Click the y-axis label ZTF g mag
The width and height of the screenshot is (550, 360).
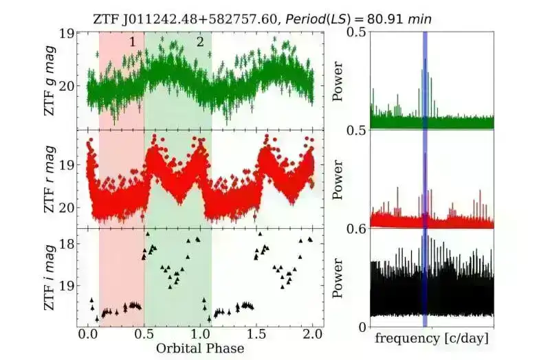(x=52, y=80)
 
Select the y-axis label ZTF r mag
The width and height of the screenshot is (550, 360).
(x=52, y=177)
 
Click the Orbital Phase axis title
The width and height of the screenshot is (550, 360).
(x=200, y=348)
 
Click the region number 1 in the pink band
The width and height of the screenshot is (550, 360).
(x=131, y=42)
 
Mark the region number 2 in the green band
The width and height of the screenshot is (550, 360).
(x=200, y=42)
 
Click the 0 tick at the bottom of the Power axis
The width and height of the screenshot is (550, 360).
(x=362, y=326)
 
